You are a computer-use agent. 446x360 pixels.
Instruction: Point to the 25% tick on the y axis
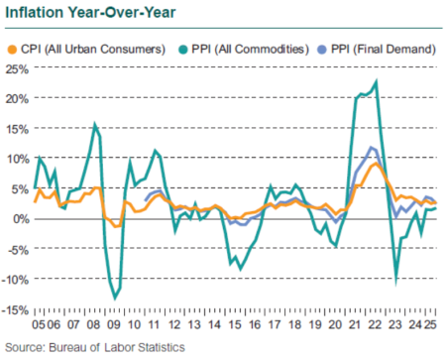pyautogui.click(x=16, y=68)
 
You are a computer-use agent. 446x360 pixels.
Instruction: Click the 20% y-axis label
pyautogui.click(x=16, y=98)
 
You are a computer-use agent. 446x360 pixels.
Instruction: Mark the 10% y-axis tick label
pyautogui.click(x=16, y=159)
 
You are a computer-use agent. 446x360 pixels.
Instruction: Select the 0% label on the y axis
pyautogui.click(x=19, y=218)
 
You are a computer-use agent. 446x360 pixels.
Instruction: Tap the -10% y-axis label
pyautogui.click(x=14, y=279)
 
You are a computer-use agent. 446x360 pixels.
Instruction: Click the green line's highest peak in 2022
pyautogui.click(x=376, y=81)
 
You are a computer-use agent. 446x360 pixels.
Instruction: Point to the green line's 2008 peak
pyautogui.click(x=94, y=125)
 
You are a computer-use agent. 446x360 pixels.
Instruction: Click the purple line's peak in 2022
pyautogui.click(x=372, y=148)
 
